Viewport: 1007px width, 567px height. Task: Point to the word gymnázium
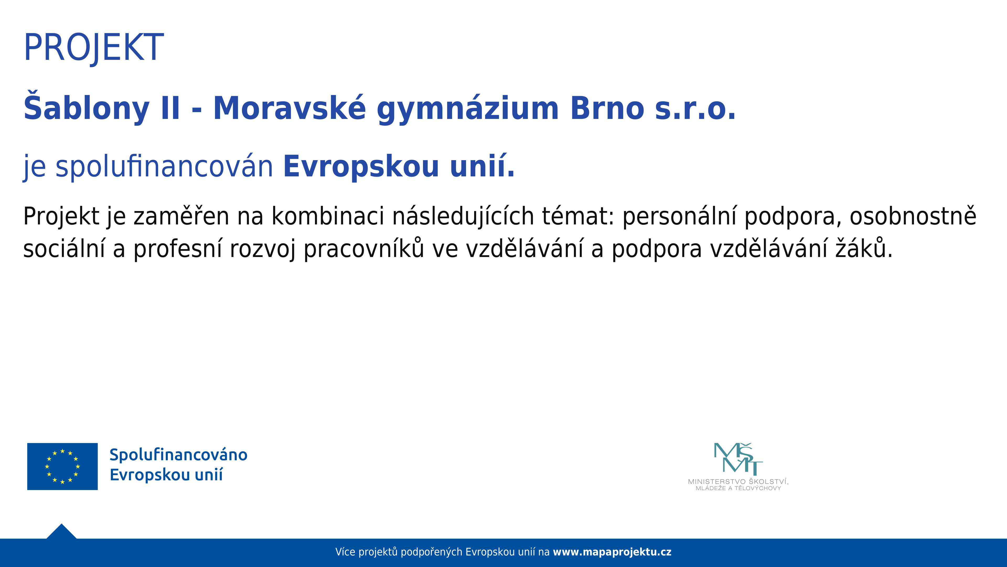(x=468, y=109)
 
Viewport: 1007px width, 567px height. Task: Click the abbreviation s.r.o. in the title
(x=695, y=109)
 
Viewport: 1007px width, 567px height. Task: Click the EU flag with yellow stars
(x=63, y=466)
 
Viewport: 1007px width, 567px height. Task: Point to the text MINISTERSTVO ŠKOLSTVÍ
(x=738, y=482)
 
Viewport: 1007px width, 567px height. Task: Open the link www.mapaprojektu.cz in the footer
(x=612, y=552)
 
